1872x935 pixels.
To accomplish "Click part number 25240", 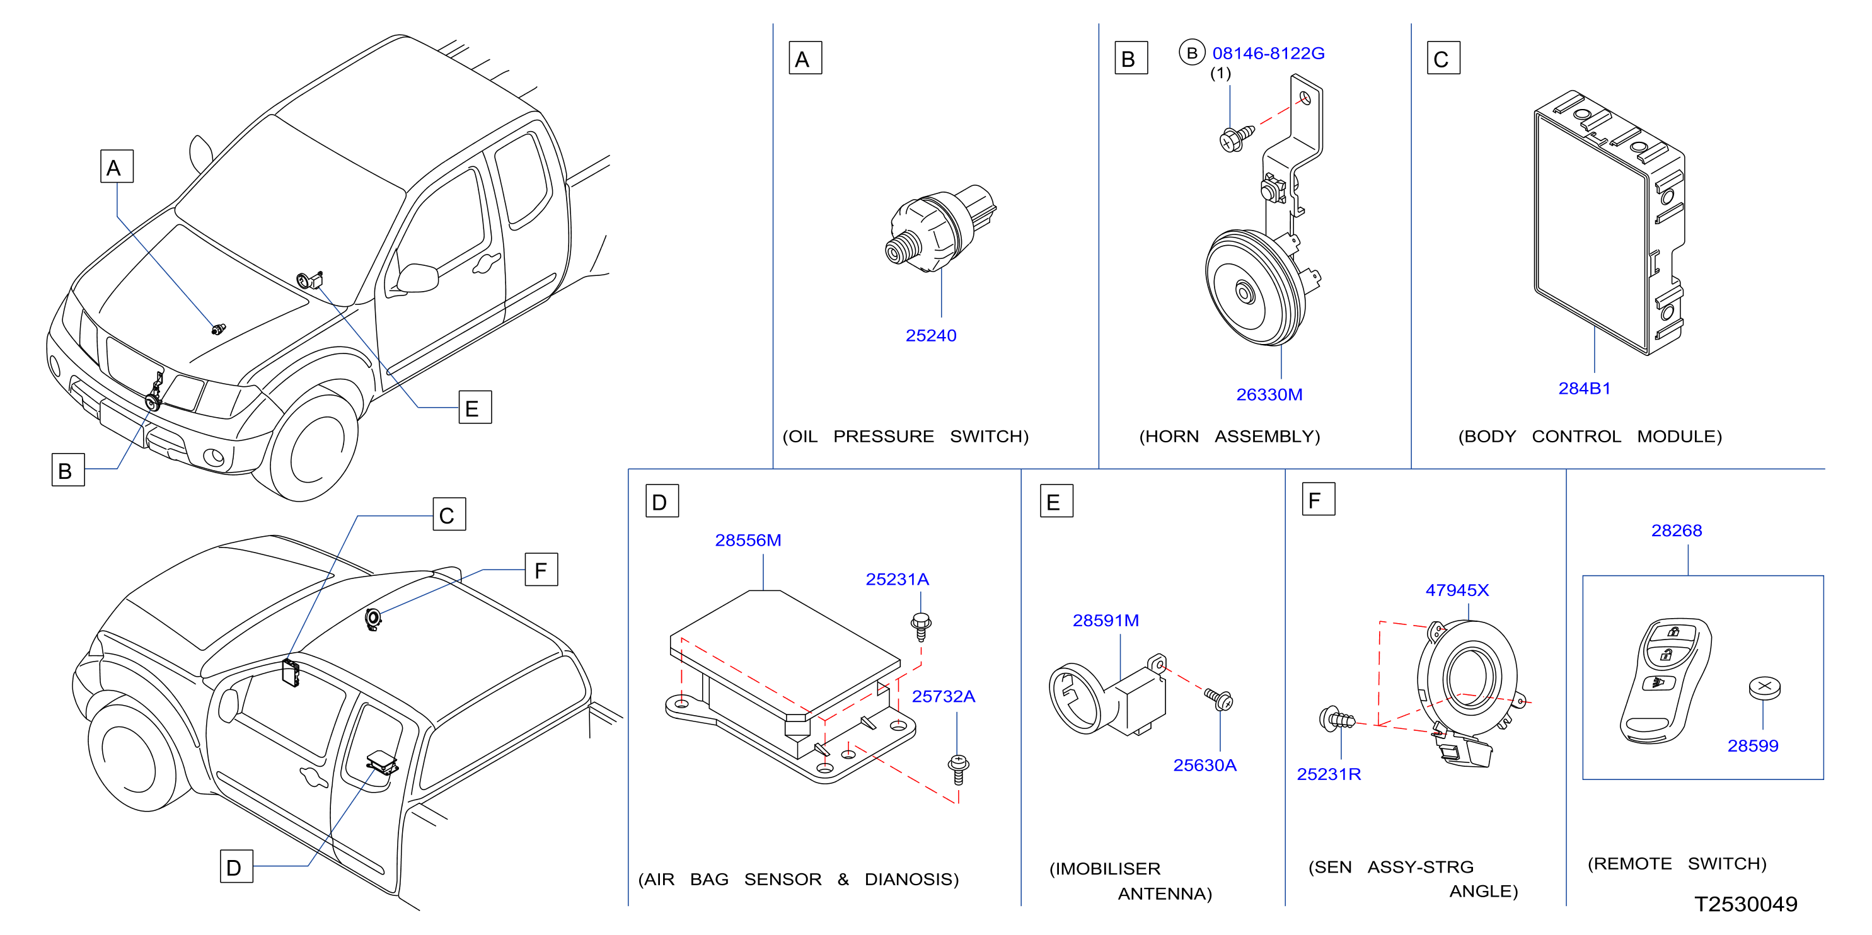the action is click(930, 336).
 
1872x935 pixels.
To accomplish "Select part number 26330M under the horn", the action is click(1269, 394).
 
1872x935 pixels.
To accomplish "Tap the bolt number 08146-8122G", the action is click(1268, 53).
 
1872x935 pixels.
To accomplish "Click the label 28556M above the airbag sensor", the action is click(748, 541).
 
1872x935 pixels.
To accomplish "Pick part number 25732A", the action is click(944, 697).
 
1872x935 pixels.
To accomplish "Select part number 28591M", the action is click(1106, 621).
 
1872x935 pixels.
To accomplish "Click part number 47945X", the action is click(1457, 590).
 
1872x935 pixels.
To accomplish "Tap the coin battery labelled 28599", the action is click(1764, 688).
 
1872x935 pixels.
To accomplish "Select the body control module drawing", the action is click(1609, 222).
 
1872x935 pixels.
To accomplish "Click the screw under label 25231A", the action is click(921, 626).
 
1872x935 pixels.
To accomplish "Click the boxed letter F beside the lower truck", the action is click(541, 570).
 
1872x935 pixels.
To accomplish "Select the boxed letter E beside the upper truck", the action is click(475, 408).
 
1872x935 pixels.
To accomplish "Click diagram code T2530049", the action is click(1745, 905).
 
